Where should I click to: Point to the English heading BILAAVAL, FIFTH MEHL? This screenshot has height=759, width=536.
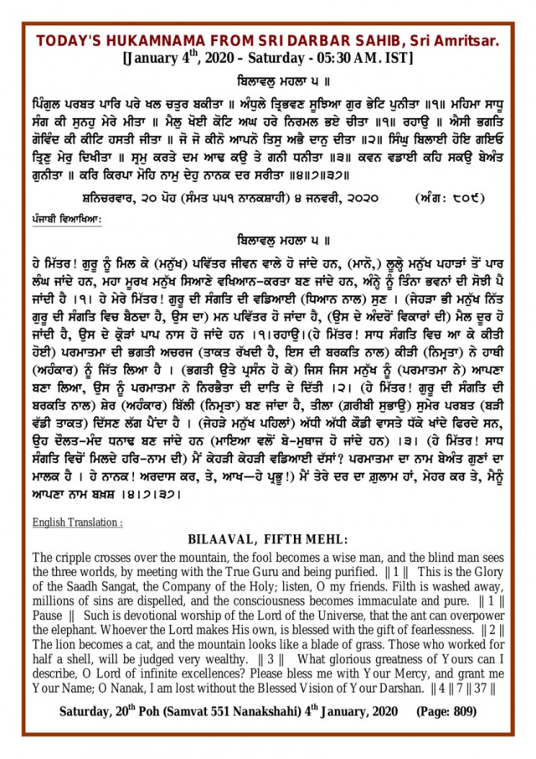click(268, 539)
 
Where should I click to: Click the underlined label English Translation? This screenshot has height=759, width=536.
click(78, 522)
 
